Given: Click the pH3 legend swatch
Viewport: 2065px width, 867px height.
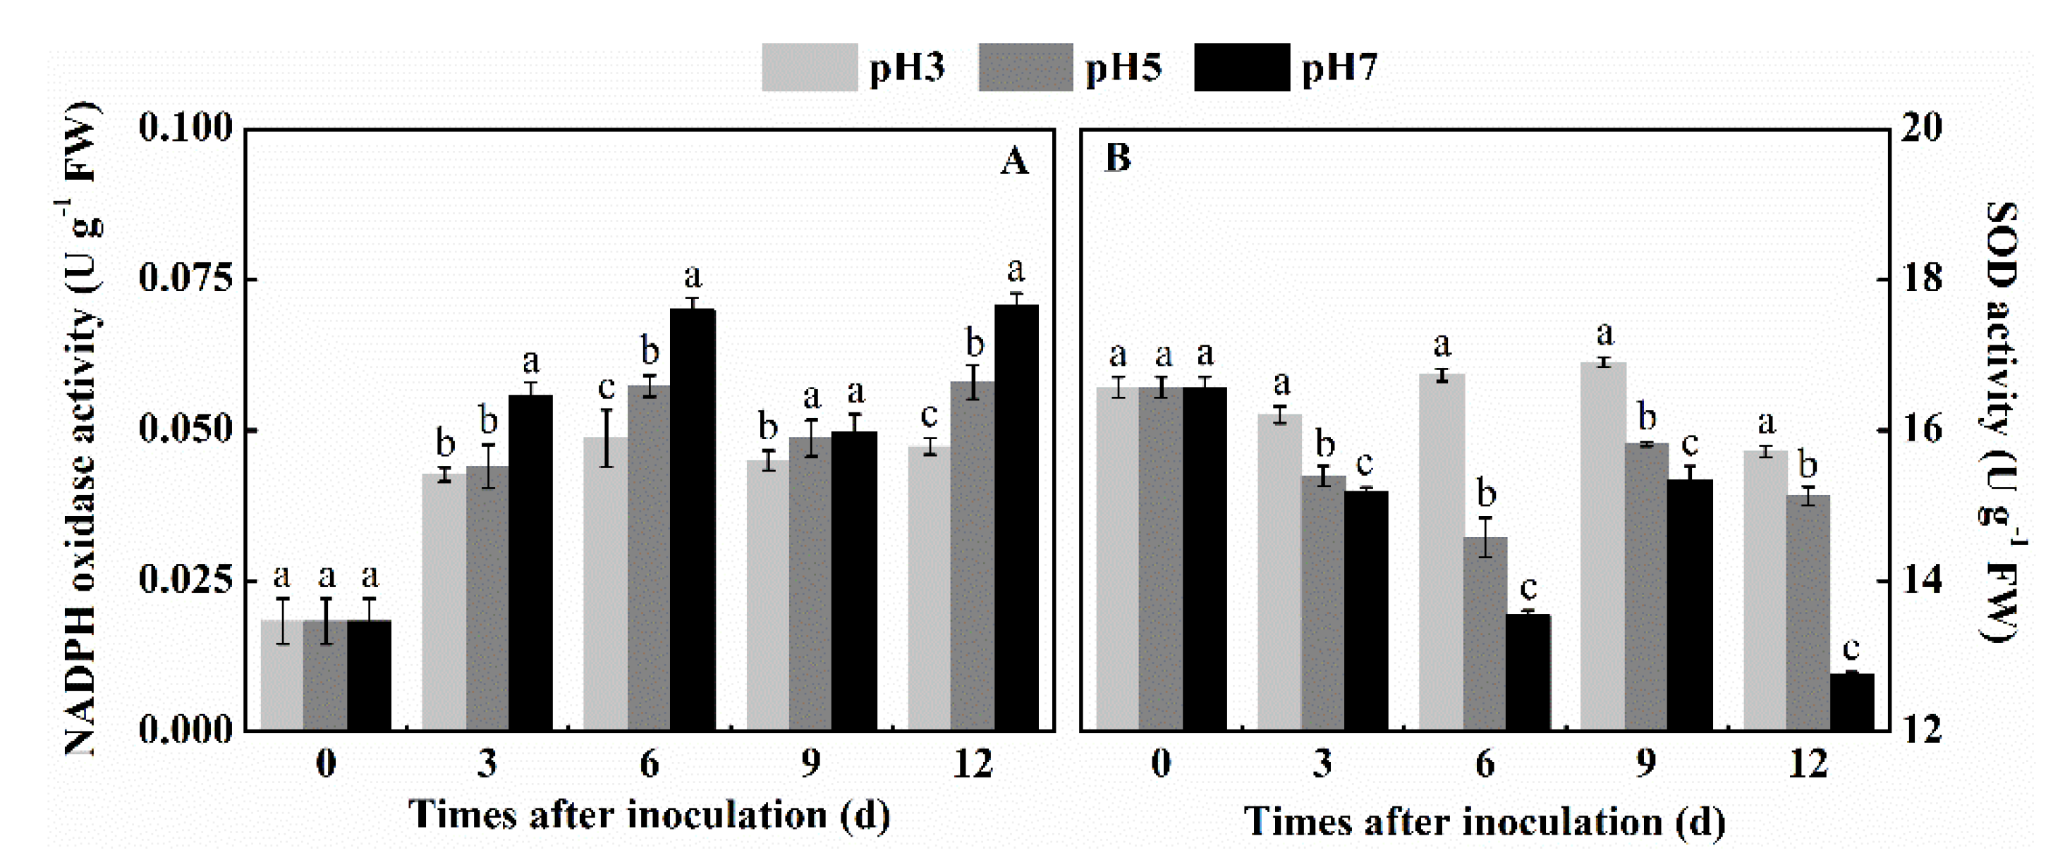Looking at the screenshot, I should point(809,67).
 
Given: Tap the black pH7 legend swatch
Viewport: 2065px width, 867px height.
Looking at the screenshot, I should point(1242,67).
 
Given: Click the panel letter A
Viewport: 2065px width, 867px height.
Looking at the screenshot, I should point(1014,162).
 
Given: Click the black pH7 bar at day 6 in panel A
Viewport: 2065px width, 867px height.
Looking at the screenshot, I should point(693,521).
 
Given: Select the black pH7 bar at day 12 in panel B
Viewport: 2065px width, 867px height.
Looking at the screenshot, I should point(1853,703).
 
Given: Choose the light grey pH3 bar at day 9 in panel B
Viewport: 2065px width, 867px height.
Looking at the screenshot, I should point(1603,545).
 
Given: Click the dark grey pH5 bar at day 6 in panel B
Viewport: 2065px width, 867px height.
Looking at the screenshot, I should point(1485,633).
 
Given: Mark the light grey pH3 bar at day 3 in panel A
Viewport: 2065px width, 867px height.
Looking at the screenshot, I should point(444,601).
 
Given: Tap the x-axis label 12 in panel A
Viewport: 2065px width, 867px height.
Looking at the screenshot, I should point(973,763).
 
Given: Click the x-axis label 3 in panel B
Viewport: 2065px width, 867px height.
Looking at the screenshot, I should point(1322,763).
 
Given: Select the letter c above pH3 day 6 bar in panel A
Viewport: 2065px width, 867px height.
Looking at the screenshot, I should point(606,388).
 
